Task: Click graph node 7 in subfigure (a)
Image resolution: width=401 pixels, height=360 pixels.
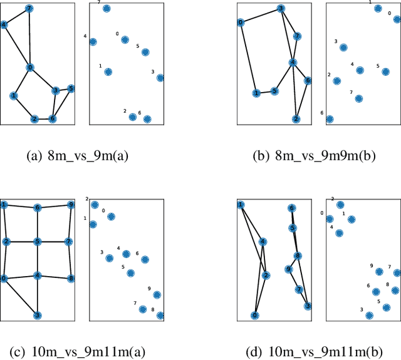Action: (x=29, y=9)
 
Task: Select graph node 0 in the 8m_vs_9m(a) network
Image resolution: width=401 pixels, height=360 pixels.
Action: (x=29, y=68)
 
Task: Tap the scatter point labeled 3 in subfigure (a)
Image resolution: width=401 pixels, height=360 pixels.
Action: (x=160, y=78)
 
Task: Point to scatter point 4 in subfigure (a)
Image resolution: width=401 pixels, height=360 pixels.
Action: (x=93, y=42)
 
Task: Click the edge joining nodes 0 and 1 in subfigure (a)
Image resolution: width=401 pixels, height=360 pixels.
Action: (x=21, y=82)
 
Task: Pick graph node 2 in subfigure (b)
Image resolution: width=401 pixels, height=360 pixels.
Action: (x=296, y=119)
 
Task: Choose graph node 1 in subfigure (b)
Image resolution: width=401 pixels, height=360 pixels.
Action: (x=256, y=93)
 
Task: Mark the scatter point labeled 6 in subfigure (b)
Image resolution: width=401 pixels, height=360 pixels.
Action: (x=330, y=119)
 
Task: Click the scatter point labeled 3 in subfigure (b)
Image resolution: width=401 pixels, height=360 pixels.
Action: (x=343, y=48)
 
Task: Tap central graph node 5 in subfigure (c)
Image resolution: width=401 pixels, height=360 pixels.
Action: (x=38, y=241)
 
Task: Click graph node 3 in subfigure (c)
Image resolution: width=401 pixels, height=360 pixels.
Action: (x=37, y=315)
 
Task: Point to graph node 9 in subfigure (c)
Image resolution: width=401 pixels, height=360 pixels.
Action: (x=71, y=205)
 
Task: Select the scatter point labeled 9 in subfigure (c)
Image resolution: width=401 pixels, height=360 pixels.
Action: (x=157, y=295)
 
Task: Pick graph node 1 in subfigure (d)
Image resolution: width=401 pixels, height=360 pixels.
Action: (x=241, y=205)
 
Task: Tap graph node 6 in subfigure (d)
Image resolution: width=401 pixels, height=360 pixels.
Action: (x=291, y=208)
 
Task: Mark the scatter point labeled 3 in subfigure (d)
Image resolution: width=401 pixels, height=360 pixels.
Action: (x=370, y=316)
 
